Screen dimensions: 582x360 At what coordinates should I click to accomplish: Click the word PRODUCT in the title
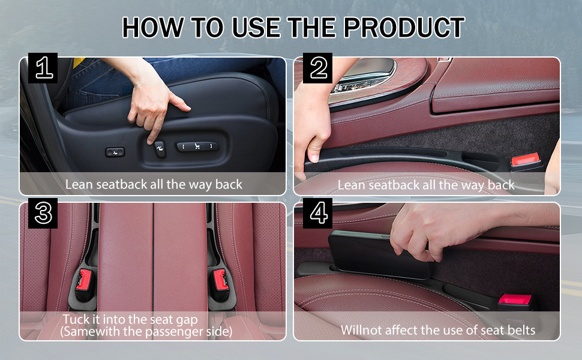pos(404,28)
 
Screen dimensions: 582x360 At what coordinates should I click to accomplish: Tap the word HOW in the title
pos(153,28)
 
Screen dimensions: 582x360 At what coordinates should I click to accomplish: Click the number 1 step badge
pos(43,68)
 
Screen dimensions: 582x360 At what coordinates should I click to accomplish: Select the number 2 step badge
pos(318,68)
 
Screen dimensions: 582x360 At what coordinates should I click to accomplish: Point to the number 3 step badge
pos(43,213)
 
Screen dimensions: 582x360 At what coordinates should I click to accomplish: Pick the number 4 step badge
pos(318,213)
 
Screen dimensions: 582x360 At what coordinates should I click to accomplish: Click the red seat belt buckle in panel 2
pos(525,160)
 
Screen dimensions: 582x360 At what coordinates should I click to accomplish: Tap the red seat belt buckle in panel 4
pos(515,299)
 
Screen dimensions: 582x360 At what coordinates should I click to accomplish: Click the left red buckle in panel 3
pos(84,280)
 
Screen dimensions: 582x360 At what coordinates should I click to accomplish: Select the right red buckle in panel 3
pos(220,280)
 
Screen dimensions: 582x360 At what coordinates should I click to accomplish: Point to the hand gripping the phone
pos(438,230)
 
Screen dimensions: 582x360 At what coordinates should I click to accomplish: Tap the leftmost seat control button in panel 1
pos(115,152)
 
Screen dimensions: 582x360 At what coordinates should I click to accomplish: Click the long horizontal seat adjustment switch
pos(197,146)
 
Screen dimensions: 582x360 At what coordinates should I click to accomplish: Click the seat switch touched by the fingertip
pos(160,149)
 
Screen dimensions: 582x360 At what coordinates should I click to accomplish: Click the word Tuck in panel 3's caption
pos(76,319)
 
